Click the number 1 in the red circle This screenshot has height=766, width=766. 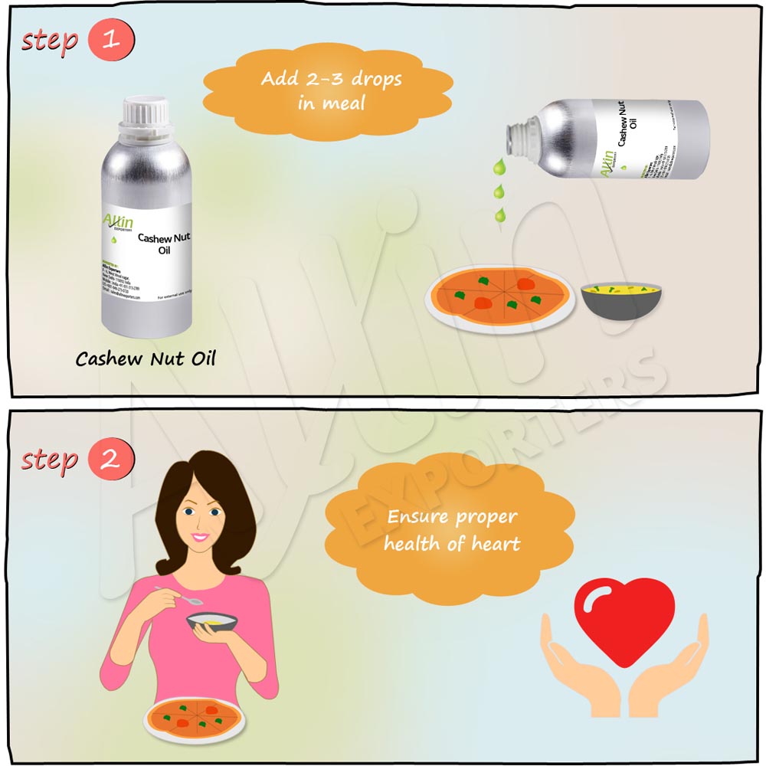pos(111,39)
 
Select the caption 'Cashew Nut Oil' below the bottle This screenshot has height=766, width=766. pos(146,358)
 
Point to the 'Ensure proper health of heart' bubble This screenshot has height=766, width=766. pos(452,530)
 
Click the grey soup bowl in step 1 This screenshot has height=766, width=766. pos(620,300)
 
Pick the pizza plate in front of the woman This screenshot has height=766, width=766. pos(195,720)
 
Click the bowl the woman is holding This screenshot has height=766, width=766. pos(212,621)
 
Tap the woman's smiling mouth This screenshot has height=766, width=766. pos(201,537)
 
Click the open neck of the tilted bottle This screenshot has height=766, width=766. pos(518,137)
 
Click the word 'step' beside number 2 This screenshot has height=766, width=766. pos(51,460)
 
